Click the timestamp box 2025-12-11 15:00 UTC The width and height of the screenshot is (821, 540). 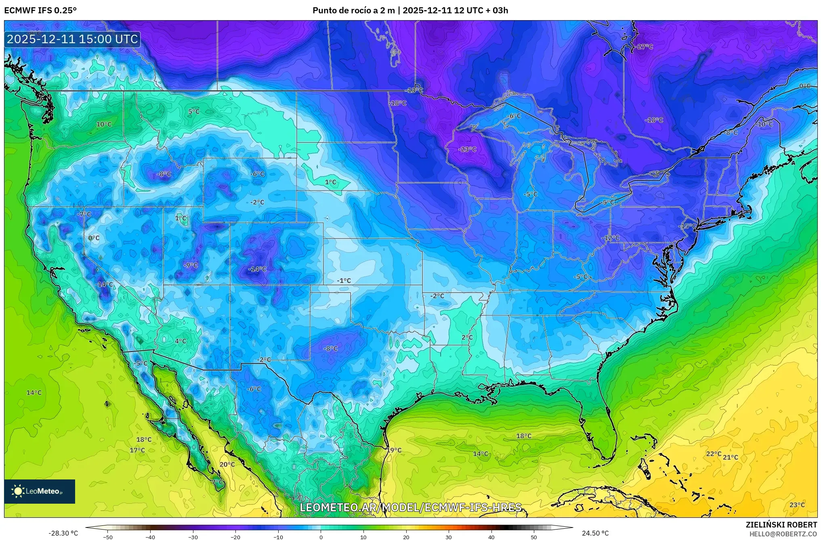[x=73, y=39]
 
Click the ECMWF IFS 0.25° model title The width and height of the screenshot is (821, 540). [x=40, y=10]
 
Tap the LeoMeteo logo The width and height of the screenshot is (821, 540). [x=40, y=491]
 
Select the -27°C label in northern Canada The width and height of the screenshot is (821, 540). [x=645, y=47]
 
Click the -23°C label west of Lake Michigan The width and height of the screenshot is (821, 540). [x=467, y=149]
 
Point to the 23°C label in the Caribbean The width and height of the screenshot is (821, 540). [x=797, y=505]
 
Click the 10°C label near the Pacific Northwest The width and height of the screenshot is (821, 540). [x=104, y=124]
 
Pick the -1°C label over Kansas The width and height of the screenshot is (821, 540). [x=344, y=280]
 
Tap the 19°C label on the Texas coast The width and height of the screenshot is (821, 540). [x=394, y=450]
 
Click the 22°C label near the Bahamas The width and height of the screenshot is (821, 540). [x=713, y=454]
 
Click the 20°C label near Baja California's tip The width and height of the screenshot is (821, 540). [x=227, y=465]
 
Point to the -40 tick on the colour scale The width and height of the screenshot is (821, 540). [x=150, y=537]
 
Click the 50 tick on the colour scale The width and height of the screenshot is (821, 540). [x=534, y=537]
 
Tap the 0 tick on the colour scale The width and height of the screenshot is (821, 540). [x=321, y=537]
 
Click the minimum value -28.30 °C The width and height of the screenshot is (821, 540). [x=63, y=533]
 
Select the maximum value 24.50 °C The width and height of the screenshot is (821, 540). [x=595, y=533]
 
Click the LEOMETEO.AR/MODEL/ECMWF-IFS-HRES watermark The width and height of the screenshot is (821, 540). [x=410, y=507]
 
